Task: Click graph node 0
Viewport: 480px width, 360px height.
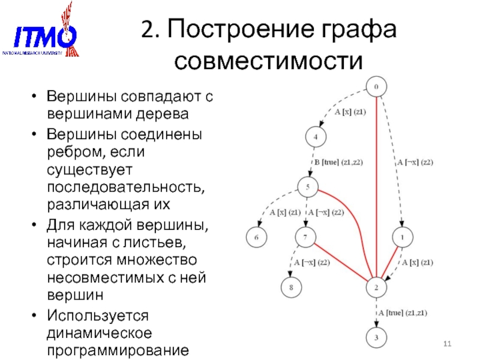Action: [376, 88]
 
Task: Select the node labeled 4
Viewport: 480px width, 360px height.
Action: [316, 137]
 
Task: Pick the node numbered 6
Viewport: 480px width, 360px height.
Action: [256, 238]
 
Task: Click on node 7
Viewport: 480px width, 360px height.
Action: [305, 238]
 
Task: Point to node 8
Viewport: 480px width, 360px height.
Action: [291, 287]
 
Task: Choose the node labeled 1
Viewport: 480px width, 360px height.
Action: [403, 238]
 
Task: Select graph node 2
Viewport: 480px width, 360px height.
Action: [376, 287]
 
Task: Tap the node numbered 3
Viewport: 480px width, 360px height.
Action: [376, 338]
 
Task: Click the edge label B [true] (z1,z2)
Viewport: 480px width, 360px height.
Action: [338, 162]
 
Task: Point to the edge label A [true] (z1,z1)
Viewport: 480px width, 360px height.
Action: [402, 313]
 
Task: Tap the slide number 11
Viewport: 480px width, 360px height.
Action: [446, 343]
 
